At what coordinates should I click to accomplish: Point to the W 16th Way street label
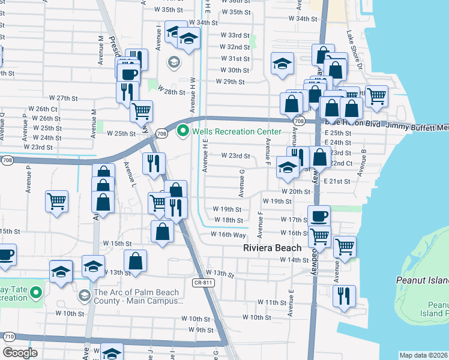click(229, 235)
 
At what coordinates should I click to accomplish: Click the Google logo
click(20, 353)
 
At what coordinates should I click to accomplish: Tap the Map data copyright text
click(423, 355)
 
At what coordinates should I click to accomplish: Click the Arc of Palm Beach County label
click(137, 296)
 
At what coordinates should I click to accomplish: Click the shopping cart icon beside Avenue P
click(56, 201)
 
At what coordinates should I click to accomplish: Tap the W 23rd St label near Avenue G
click(235, 156)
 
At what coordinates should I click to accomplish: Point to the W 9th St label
click(200, 329)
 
